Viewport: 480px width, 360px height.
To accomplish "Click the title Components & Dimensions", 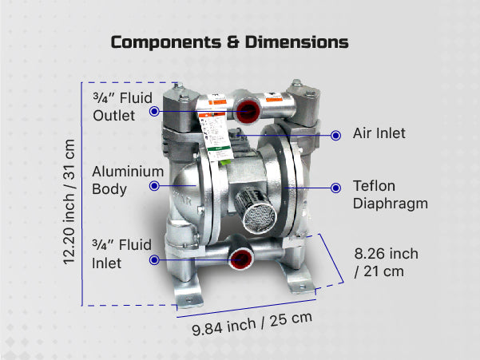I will (x=230, y=42).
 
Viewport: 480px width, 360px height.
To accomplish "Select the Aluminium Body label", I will (x=128, y=180).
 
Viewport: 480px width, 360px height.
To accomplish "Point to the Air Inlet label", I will (x=379, y=133).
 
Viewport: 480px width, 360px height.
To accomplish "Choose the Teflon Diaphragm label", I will (x=390, y=195).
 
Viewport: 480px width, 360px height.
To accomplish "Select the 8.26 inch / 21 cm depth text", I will (x=386, y=262).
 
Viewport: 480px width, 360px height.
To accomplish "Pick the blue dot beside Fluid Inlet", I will (x=154, y=258).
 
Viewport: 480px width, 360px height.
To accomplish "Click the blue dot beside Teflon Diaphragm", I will (x=333, y=188).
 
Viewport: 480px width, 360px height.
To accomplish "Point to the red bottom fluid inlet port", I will (x=237, y=258).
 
